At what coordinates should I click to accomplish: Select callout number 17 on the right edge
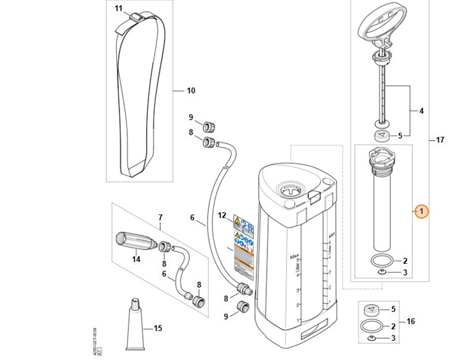(439, 141)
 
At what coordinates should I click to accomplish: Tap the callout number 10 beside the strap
(190, 91)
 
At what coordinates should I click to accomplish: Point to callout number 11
(119, 8)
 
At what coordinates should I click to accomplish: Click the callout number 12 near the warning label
(222, 215)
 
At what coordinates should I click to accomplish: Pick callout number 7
(160, 217)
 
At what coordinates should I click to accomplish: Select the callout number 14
(136, 259)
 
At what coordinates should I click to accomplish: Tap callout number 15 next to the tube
(158, 329)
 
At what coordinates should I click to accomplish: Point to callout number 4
(421, 112)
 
